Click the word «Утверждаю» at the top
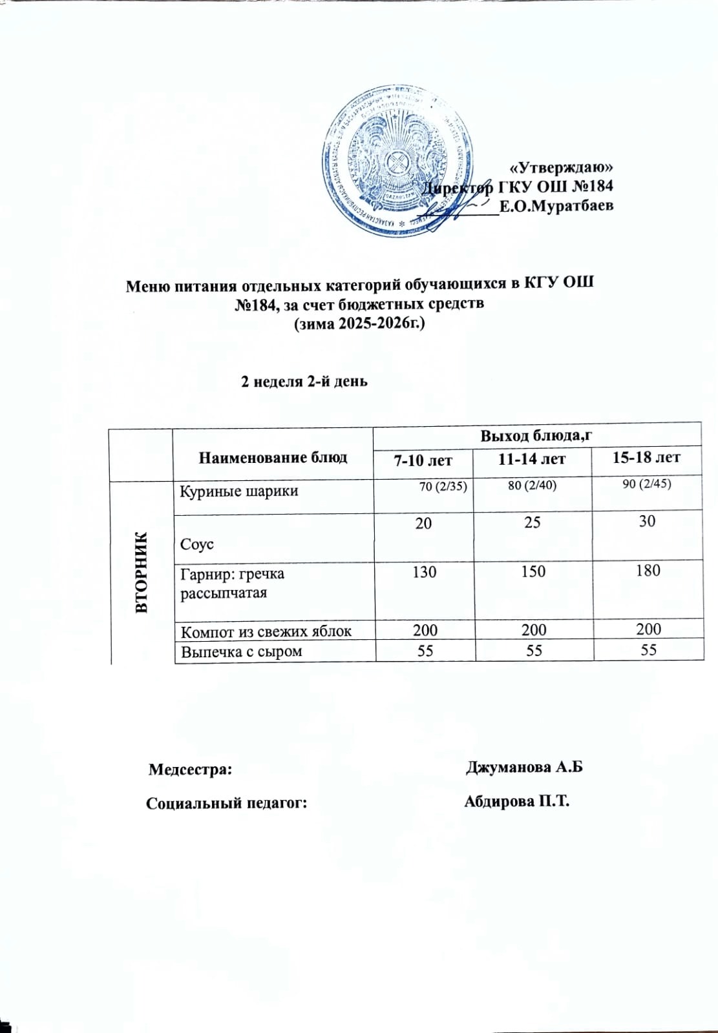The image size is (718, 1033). (x=562, y=167)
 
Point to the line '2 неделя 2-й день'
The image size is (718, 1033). (x=304, y=381)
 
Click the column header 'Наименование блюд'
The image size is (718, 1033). (x=273, y=458)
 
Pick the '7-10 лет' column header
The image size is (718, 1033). (x=424, y=460)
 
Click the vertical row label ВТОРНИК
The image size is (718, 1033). (x=142, y=572)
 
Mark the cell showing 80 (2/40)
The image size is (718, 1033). (x=533, y=486)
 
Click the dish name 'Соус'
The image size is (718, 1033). (x=197, y=545)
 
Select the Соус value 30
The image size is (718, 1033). (x=648, y=522)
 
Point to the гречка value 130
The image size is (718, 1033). (x=424, y=572)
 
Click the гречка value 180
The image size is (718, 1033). (x=648, y=571)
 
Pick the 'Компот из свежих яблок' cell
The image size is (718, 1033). (x=266, y=631)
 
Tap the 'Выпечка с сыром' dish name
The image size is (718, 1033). (x=242, y=651)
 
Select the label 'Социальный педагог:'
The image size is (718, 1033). (x=226, y=804)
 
